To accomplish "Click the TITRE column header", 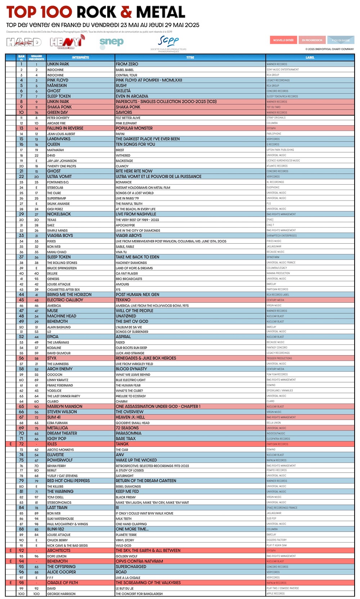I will pos(190,57).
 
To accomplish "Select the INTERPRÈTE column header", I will pos(80,57).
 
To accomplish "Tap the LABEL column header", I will pos(310,57).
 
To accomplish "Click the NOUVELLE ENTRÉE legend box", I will pos(283,40).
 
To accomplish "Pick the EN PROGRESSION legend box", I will pos(312,40).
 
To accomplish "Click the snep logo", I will pos(112,42).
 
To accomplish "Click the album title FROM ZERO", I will pos(127,64).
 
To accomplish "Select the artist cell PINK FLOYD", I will pos(58,80).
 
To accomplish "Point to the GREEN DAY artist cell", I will pos(58,112).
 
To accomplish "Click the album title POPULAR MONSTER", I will pos(134,128).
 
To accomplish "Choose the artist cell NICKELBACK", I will pos(59,214).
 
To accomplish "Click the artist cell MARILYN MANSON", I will pos(65,406).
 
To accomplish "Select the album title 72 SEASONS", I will pos(127,428).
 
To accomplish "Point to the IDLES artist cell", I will pos(52,444).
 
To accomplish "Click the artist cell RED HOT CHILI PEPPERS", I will pos(68,481).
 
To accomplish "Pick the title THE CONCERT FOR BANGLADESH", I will pos(139,594).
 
